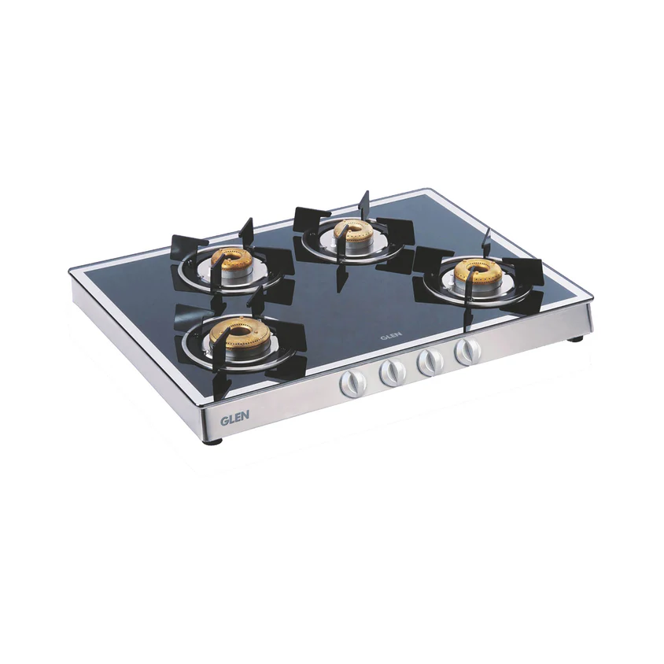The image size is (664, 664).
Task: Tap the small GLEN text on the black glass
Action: click(391, 334)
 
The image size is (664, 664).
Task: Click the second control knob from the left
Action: click(391, 372)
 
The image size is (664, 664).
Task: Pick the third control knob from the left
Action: click(430, 362)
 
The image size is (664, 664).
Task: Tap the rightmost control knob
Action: click(467, 352)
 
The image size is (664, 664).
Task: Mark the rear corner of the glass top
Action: click(428, 190)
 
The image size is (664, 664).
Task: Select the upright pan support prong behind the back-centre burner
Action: click(363, 201)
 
